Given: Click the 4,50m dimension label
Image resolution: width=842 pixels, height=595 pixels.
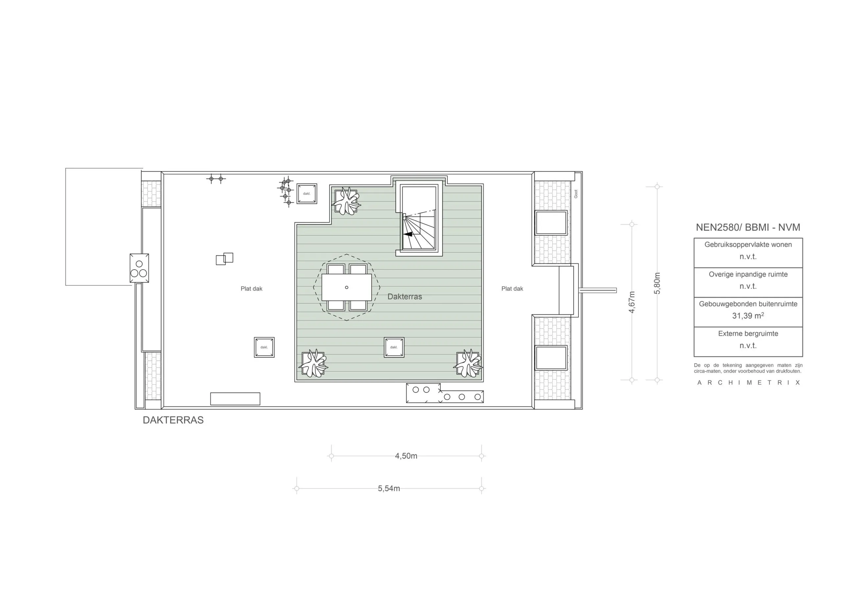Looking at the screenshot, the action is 406,456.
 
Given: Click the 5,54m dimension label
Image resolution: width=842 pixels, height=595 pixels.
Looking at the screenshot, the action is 389,488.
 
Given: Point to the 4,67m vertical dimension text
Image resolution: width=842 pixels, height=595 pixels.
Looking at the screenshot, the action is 631,302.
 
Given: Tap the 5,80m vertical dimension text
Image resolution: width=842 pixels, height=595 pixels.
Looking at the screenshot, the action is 657,283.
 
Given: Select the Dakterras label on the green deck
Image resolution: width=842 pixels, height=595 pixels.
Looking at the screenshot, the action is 405,297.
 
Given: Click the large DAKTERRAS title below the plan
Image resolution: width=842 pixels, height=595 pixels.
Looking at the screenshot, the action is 173,420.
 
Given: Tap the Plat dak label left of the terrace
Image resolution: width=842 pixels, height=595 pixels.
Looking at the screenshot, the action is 252,289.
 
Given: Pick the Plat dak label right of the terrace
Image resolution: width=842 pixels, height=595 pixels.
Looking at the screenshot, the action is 512,289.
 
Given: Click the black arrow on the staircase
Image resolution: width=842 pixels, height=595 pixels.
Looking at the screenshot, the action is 408,234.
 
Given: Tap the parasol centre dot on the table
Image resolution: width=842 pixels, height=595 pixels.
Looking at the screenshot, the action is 347,287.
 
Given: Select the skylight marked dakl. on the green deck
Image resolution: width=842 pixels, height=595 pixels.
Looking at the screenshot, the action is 394,347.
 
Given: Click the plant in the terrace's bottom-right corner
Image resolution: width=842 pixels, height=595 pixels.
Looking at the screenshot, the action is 468,363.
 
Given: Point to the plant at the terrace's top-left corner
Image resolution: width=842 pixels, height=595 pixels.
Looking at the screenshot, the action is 345,201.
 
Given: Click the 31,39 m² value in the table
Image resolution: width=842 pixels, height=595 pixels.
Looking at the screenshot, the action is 748,315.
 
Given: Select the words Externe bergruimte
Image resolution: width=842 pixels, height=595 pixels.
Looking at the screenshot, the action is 748,334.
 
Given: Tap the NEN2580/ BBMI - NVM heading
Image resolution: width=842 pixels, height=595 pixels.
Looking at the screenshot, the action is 748,227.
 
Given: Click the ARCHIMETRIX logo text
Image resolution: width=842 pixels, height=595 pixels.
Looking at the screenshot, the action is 749,383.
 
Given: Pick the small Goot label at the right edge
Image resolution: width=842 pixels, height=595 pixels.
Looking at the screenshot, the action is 576,194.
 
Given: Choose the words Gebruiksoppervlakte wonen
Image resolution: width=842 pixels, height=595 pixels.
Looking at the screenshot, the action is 748,245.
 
